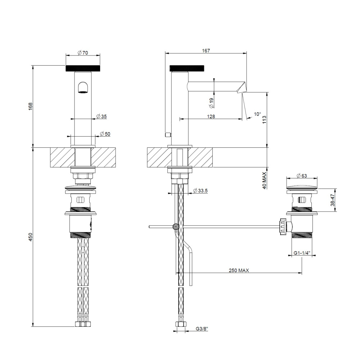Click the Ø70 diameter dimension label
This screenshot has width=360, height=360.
click(x=83, y=53)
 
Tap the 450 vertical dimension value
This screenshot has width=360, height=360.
click(x=31, y=237)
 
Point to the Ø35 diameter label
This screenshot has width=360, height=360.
click(x=102, y=116)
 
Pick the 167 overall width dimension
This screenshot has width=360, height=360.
click(x=206, y=51)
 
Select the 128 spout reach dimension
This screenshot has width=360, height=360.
click(x=211, y=116)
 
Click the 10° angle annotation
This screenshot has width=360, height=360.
click(x=257, y=114)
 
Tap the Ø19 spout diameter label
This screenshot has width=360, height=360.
click(x=211, y=103)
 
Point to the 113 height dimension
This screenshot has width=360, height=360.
click(x=264, y=120)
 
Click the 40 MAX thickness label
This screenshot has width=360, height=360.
click(x=264, y=181)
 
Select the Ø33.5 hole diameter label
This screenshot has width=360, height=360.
click(x=200, y=191)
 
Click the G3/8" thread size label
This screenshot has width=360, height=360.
click(x=202, y=329)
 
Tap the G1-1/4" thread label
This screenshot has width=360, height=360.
click(x=301, y=253)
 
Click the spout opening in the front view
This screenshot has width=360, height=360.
click(x=83, y=88)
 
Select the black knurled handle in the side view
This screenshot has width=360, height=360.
click(x=188, y=68)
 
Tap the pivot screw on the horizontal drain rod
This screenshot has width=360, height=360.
click(x=176, y=227)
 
